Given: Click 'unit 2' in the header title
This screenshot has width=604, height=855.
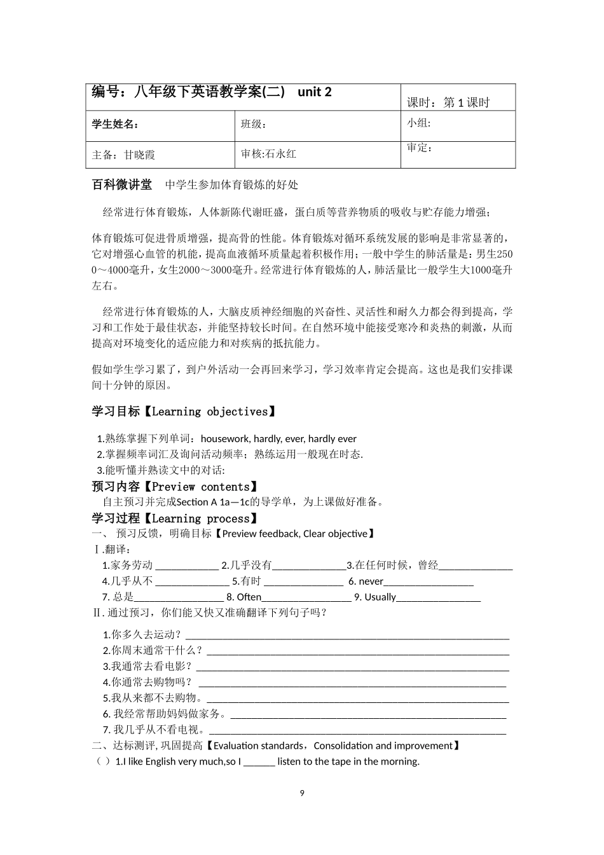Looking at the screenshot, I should pos(315,92).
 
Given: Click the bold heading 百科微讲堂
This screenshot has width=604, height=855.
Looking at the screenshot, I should pos(122,184).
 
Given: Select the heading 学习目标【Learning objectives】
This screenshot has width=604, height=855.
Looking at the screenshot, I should pos(184,412).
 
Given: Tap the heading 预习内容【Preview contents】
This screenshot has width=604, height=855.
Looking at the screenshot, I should pos(174,487).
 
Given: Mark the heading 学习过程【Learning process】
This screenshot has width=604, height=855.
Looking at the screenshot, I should pos(174,518).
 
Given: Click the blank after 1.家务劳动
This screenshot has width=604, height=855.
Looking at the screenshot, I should pos(186,566).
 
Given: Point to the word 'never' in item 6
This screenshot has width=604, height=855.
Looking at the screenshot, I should pos(371,581).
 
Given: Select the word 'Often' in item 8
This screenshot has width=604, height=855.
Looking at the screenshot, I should pos(249,597).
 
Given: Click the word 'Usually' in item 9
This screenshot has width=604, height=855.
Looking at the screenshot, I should pos(380,597).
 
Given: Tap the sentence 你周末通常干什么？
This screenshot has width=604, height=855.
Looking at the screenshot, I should pos(157,650).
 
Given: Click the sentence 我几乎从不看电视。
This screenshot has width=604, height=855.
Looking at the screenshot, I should pos(159,730).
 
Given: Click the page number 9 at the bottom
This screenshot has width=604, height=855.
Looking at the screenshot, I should pos(302,793).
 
